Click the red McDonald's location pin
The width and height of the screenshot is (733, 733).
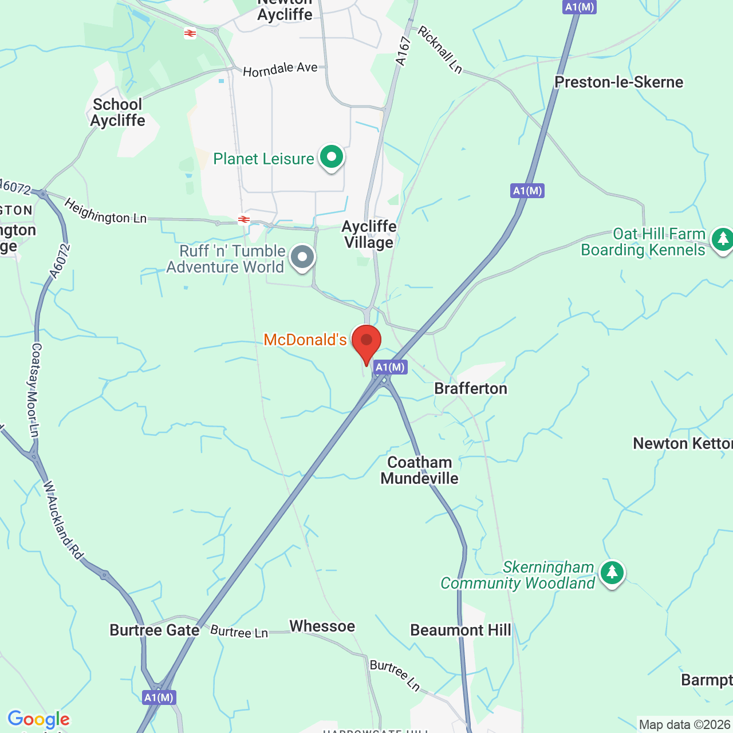(366, 342)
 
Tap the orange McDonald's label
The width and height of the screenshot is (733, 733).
(305, 340)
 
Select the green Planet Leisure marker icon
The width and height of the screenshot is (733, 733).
(332, 157)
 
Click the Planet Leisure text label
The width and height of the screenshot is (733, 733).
(263, 159)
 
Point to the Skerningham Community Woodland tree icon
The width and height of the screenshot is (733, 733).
(612, 572)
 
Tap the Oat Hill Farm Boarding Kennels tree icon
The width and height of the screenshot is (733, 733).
(722, 239)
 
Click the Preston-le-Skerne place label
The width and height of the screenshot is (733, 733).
(618, 82)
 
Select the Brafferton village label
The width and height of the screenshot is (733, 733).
(471, 389)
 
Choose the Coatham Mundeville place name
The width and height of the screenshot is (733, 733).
(420, 470)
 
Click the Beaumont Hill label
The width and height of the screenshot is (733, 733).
(460, 630)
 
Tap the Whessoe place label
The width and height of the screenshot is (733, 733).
(322, 626)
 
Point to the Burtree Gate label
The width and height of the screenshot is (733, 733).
(155, 630)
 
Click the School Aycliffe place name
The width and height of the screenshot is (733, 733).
(118, 112)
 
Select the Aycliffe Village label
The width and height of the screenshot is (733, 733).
(369, 234)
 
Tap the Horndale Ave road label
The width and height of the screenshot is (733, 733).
(280, 70)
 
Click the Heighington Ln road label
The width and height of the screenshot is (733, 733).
(105, 211)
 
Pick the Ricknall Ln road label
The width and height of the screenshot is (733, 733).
(440, 50)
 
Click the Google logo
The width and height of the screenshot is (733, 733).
(38, 719)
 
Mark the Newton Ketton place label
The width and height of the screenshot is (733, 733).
(682, 444)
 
